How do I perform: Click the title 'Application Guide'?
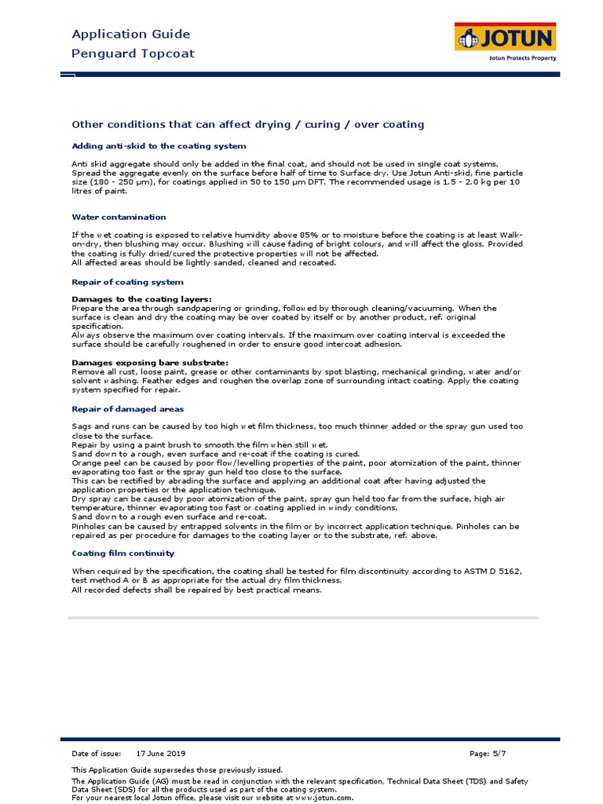pos(131,35)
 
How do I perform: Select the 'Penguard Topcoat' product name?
pos(133,53)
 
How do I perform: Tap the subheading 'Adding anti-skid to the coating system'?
pos(159,146)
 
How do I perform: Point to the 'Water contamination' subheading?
pos(119,217)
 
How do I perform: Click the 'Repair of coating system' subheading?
pos(127,282)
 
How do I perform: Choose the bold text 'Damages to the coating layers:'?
pos(141,299)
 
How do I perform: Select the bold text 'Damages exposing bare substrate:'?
pos(150,362)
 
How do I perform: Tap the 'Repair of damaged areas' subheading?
pos(128,409)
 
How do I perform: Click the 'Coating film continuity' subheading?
pos(123,553)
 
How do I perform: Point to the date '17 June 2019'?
pos(161,754)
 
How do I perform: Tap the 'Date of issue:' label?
pos(97,754)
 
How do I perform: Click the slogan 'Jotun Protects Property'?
pos(522,58)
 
